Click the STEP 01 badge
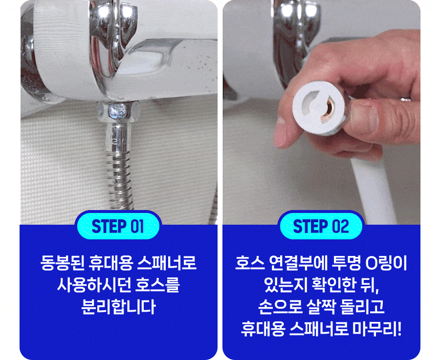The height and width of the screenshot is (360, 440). pos(118,226)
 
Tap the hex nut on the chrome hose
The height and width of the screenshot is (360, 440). pos(118,111)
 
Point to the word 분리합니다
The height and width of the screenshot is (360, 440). pos(118,307)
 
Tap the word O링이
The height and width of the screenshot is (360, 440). pos(386,263)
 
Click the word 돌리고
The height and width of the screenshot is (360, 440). pos(362,307)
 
